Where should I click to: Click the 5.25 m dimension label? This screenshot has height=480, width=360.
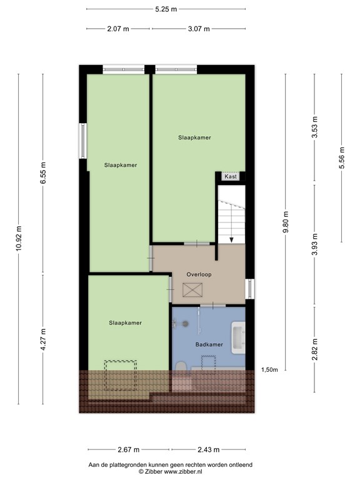point(166,9)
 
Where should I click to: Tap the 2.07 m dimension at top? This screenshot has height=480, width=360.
point(118,29)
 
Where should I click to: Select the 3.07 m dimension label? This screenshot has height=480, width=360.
point(198,29)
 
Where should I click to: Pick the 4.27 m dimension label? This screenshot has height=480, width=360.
point(43,340)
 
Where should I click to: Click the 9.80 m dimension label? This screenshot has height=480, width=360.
point(286,221)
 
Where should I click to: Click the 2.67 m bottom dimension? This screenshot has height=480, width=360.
point(129,450)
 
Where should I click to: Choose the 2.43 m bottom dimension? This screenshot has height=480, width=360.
point(208,450)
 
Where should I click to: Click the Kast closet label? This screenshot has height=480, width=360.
point(231,177)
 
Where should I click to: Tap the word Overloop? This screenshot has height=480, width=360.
point(199,274)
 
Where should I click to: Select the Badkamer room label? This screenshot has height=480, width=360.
point(209,344)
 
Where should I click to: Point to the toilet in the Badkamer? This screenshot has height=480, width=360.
point(181,367)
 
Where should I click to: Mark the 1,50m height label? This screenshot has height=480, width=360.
point(269,370)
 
